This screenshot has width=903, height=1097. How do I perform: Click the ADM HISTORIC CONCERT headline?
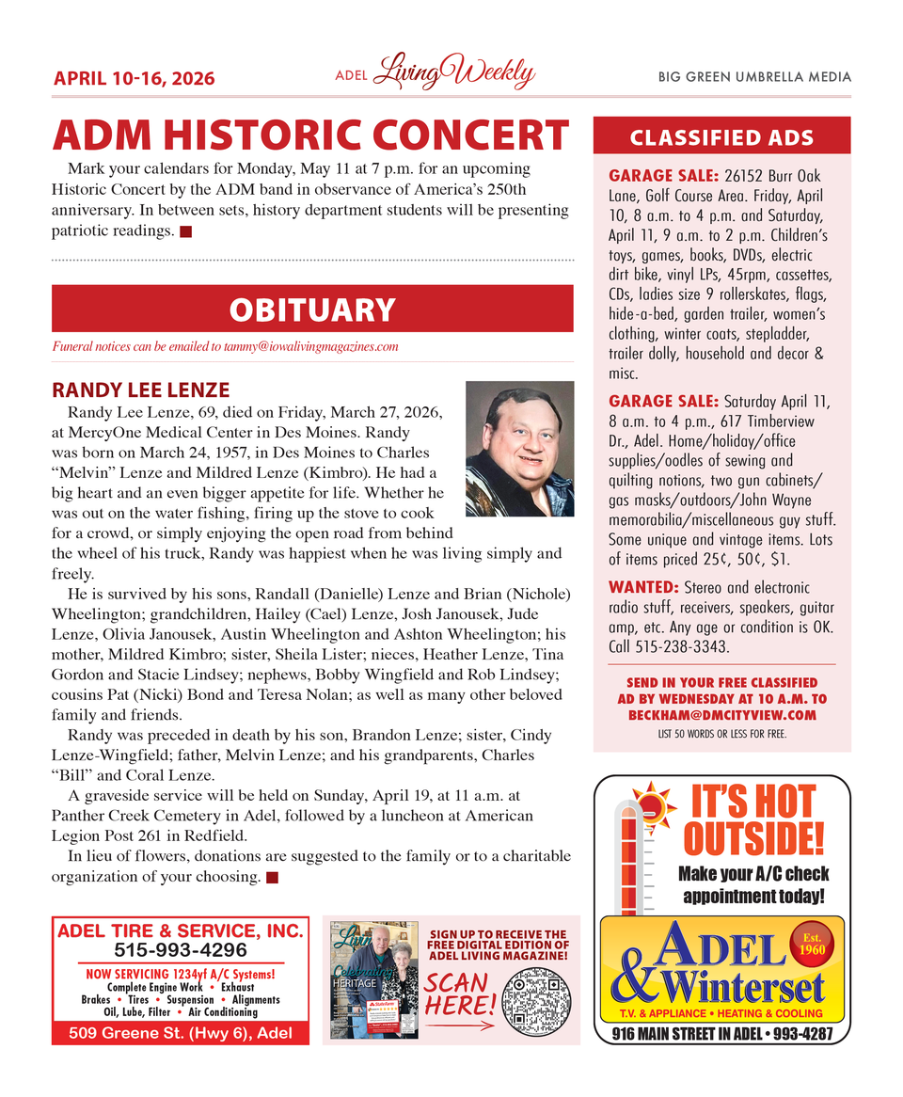pos(310,136)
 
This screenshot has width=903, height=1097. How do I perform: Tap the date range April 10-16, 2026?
pos(134,78)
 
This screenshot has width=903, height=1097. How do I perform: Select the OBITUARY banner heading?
pos(312,310)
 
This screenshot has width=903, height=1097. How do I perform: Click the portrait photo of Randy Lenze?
pos(519,449)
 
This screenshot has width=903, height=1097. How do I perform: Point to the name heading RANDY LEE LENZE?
pos(140,390)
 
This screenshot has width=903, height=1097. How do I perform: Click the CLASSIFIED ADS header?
pos(721,137)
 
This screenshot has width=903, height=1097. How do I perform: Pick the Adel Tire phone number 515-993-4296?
pos(181,950)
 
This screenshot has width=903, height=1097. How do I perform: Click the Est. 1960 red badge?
pos(811,943)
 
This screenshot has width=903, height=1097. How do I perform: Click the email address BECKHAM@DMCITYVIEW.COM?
pos(721,715)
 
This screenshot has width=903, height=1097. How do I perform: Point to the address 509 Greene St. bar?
pos(181,1033)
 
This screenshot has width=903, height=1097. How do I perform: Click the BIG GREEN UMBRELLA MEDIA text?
pos(754,77)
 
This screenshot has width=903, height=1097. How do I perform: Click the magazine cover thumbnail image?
pos(374,979)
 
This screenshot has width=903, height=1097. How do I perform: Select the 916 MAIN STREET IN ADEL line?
pos(721,1035)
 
